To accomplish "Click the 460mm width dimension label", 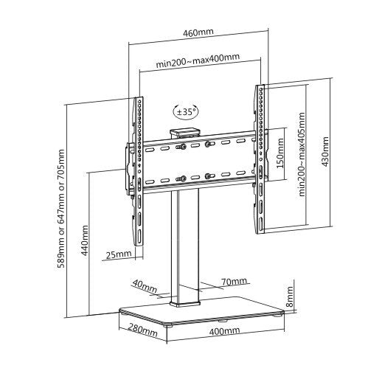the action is coord(198,32).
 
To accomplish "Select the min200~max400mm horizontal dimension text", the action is coord(198,60).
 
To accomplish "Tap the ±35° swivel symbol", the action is coord(186,112).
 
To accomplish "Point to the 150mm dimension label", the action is coord(280,153).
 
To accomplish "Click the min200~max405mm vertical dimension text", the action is coord(302,154).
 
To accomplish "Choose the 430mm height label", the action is coord(324,152).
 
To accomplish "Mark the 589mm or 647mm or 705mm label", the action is coord(60,209).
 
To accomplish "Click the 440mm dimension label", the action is coord(84,240).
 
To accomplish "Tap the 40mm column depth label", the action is coord(145,285).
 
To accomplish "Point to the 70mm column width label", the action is coord(234,282).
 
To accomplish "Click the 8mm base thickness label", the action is coord(291,296).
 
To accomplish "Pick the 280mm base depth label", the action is coord(142,330).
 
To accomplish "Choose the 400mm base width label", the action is coord(224,331).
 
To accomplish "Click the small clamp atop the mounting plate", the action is coord(185,133).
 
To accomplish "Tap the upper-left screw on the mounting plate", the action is coord(181,147).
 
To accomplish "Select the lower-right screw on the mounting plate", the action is coord(209,176).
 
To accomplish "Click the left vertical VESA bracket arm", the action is coord(138,171).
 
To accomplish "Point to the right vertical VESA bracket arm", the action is coord(260,159).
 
